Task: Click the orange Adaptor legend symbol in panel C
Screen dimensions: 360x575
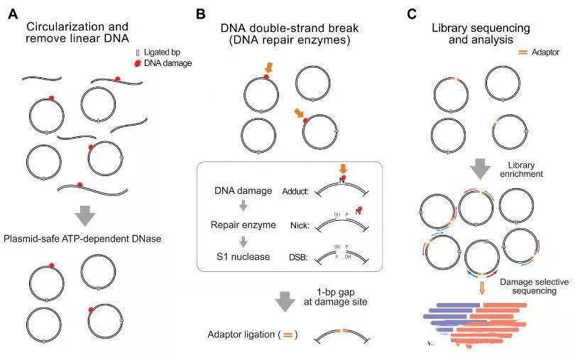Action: click(524, 52)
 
